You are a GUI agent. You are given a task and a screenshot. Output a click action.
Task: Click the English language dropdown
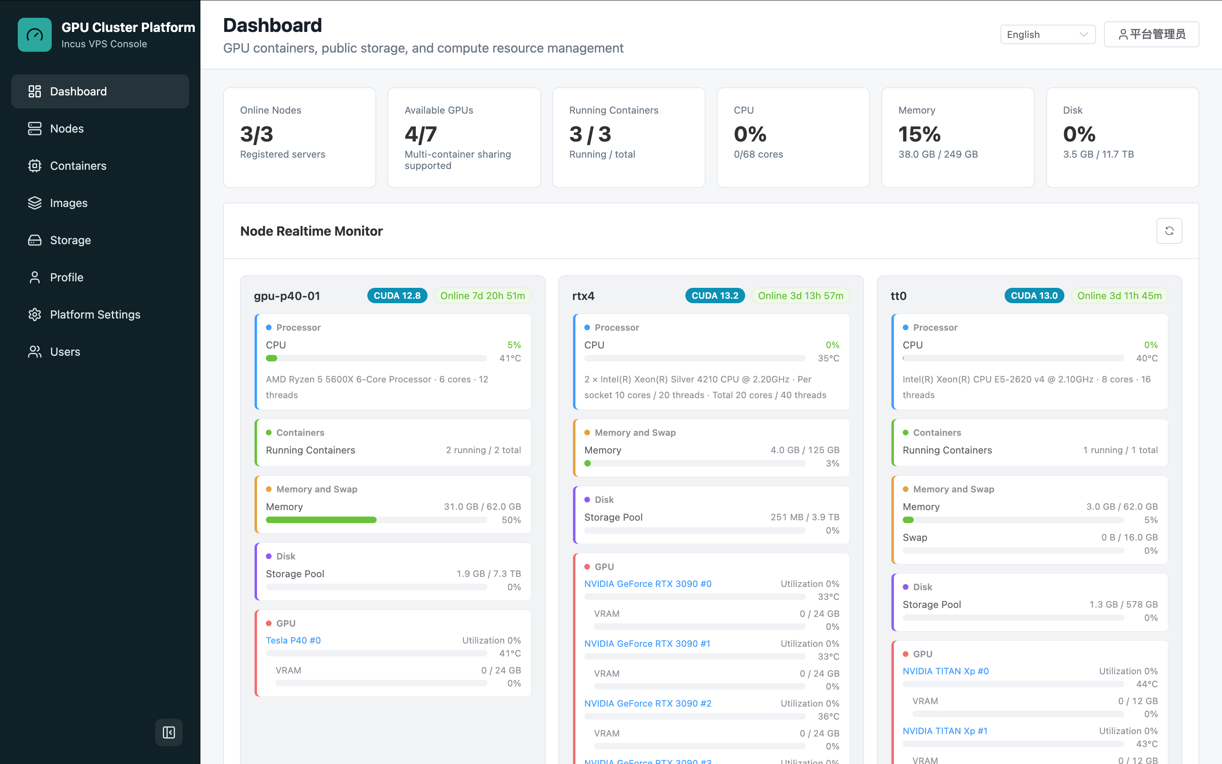tap(1048, 34)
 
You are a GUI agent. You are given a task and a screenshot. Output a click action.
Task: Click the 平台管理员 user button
tap(1151, 34)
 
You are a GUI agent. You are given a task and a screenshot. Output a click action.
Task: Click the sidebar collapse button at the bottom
tap(169, 732)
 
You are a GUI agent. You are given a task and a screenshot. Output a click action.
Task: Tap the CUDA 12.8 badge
tap(397, 295)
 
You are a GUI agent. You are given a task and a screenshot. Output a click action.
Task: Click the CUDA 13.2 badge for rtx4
tap(714, 295)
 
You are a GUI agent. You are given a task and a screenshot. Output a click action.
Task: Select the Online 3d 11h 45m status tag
tap(1119, 295)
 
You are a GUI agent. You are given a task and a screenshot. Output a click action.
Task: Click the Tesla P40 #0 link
tap(293, 640)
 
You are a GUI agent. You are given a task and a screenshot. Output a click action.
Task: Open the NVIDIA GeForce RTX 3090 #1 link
tap(647, 643)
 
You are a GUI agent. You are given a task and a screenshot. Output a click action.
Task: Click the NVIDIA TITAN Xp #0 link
tap(946, 671)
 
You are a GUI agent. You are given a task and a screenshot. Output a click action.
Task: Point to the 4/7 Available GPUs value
tap(421, 134)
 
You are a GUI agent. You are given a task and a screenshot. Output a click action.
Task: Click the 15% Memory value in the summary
tap(919, 134)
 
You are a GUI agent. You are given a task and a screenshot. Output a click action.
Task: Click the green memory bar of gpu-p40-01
tap(321, 520)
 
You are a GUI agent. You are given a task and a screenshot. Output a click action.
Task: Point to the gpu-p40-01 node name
tap(287, 295)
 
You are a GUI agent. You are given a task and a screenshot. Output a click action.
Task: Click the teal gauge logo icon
tap(35, 35)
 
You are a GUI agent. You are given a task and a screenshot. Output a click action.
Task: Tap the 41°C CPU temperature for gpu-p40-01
tap(510, 358)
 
